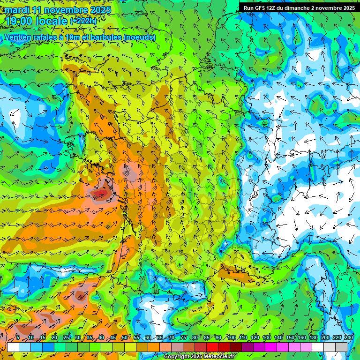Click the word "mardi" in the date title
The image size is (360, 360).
tap(17, 10)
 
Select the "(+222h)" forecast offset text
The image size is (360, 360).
tap(83, 21)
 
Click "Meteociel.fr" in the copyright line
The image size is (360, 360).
tap(218, 357)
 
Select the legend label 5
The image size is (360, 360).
tap(18, 337)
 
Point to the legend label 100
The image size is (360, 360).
tap(231, 337)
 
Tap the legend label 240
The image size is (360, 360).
tap(348, 337)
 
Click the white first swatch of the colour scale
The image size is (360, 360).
tap(13, 347)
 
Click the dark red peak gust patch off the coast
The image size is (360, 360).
tap(99, 194)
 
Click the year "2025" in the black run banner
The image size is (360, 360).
tap(347, 8)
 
